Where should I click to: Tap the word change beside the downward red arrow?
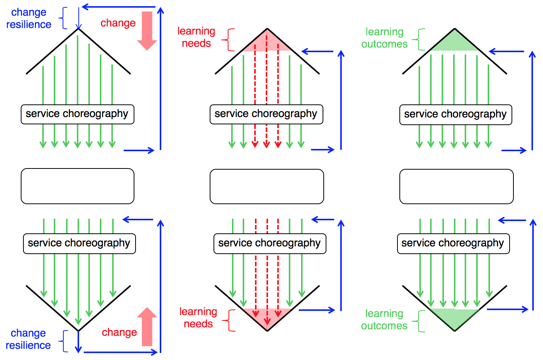[118, 23]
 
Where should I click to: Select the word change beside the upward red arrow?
[119, 332]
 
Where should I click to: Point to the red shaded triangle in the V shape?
[267, 317]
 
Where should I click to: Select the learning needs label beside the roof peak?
[196, 37]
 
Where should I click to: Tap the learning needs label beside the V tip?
[198, 318]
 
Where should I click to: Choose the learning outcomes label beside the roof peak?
[384, 38]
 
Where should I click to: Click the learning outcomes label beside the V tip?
[384, 320]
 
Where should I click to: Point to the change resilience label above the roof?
[28, 18]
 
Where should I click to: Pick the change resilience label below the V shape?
[28, 339]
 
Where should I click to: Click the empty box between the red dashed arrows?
[267, 187]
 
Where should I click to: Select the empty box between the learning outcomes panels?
[456, 187]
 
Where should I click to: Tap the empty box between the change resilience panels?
[78, 186]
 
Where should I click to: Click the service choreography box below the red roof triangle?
[266, 114]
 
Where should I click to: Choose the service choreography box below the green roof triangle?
[455, 115]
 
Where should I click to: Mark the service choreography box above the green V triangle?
[453, 244]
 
